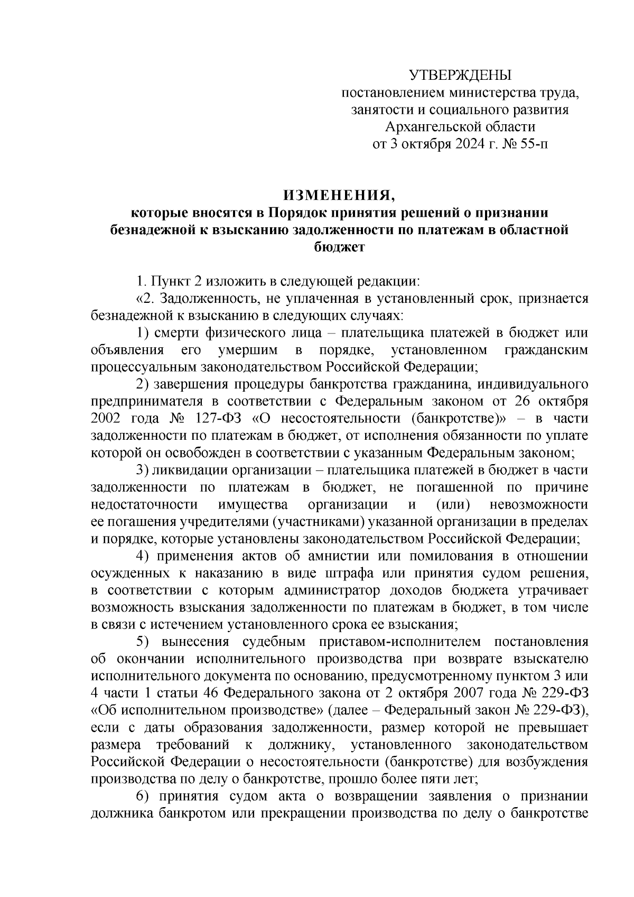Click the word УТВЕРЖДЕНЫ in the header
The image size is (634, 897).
pos(461,76)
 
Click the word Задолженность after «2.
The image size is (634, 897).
pos(208,299)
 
